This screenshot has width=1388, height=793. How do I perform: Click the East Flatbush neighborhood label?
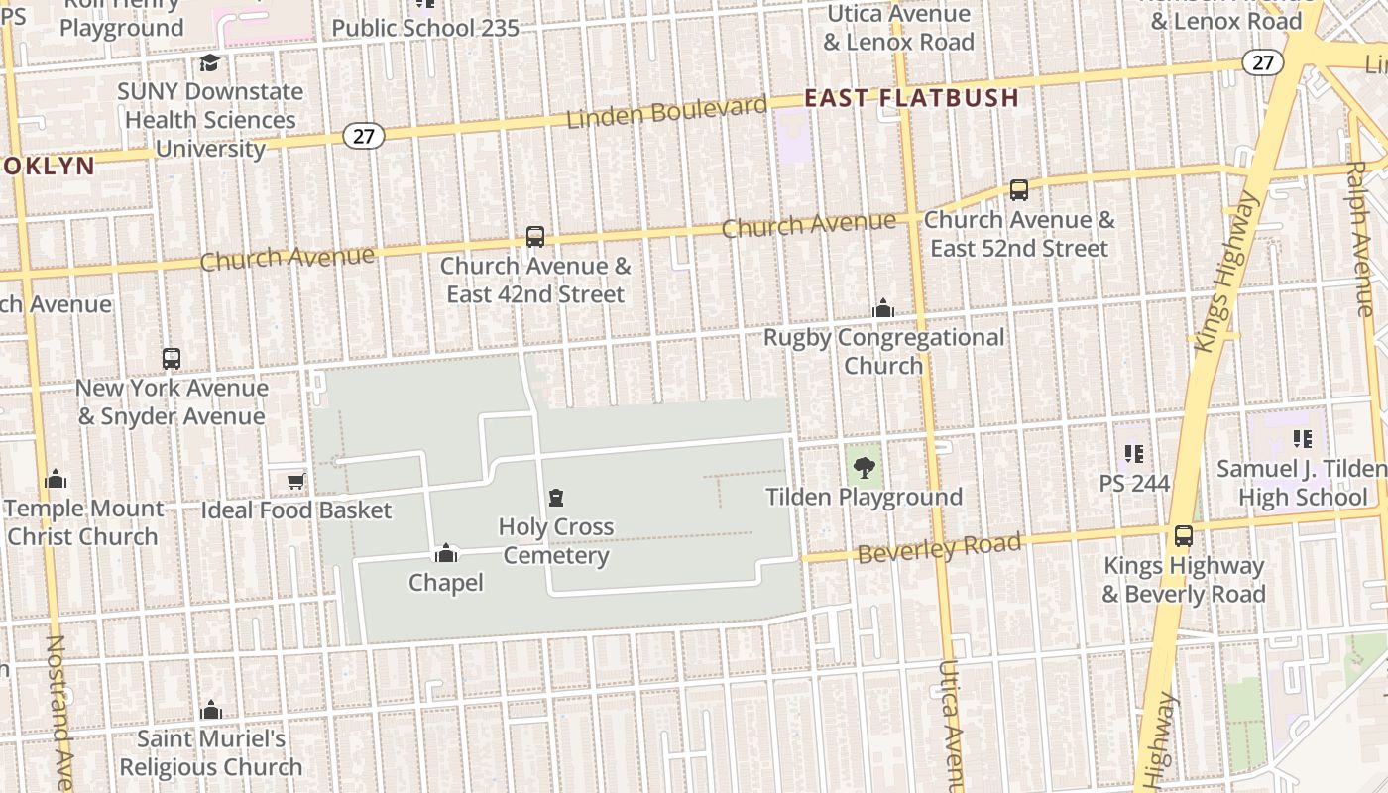click(x=911, y=98)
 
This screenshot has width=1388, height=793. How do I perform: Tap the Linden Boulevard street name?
click(x=666, y=112)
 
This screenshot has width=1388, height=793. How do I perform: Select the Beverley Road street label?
click(x=939, y=547)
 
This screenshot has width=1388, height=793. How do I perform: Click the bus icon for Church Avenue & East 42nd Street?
click(x=535, y=237)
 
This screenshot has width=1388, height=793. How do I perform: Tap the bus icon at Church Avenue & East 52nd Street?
click(x=1018, y=190)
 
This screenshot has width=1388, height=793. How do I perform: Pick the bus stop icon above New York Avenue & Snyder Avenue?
click(x=172, y=359)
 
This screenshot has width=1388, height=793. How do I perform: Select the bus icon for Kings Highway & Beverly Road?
click(x=1183, y=536)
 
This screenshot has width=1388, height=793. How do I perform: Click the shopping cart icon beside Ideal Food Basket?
click(x=295, y=482)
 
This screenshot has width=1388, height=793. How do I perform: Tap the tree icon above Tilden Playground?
click(x=864, y=468)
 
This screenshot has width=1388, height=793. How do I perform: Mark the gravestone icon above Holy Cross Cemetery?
click(x=556, y=498)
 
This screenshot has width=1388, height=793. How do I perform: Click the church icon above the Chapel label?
click(x=446, y=553)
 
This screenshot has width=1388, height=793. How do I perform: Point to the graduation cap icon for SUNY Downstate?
click(x=209, y=63)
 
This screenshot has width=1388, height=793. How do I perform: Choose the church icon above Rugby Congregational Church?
click(x=882, y=309)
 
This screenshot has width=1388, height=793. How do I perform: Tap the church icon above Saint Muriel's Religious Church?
click(x=211, y=710)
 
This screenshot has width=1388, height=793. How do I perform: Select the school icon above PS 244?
click(x=1134, y=454)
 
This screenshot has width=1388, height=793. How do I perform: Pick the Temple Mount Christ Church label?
click(x=84, y=522)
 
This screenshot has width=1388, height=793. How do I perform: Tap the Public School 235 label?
click(x=425, y=28)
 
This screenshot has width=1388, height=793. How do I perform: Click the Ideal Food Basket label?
click(x=296, y=510)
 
